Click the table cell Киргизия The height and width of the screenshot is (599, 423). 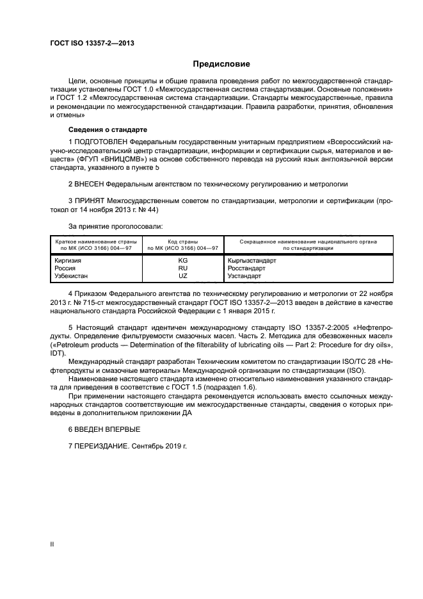pos(69,261)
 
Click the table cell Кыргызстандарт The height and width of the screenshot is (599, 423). pos(252,261)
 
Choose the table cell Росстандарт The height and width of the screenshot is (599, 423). pos(246,268)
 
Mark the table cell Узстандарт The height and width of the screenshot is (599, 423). pos(246,276)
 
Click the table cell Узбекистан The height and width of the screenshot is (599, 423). pos(72,276)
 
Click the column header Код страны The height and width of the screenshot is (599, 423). pos(183,242)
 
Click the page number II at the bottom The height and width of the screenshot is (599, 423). pos(52,544)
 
